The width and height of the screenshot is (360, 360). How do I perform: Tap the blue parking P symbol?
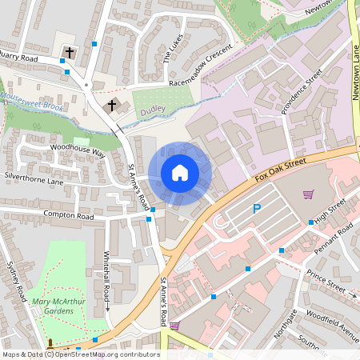(257, 209)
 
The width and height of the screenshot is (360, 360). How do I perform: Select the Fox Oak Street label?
(281, 168)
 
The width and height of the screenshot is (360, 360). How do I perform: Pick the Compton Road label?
(70, 217)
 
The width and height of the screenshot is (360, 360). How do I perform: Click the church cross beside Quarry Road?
(70, 54)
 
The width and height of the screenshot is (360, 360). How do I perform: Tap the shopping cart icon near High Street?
(308, 194)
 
